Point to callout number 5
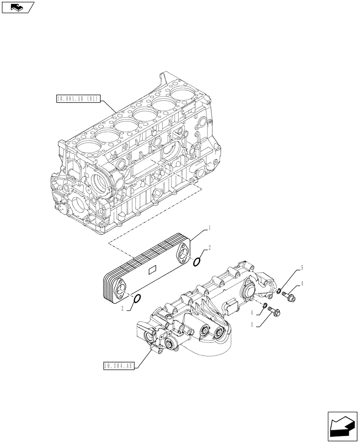(302, 268)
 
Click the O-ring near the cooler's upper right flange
(198, 262)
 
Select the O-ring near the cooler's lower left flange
(137, 299)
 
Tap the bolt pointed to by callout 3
(271, 312)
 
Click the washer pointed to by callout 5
(278, 291)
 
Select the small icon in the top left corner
(17, 7)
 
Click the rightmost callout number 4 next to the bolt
(302, 284)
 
